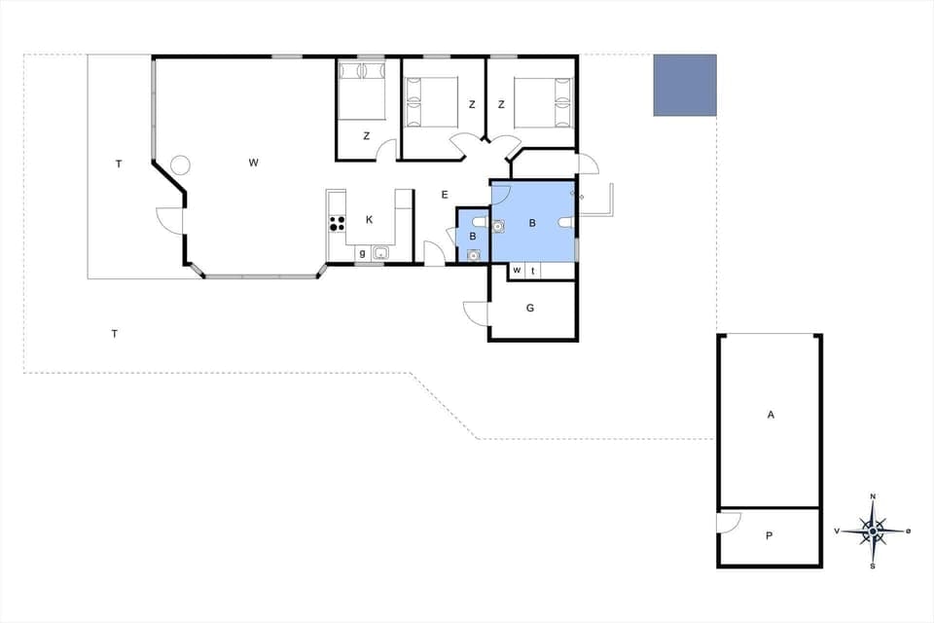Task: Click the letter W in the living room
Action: (x=253, y=163)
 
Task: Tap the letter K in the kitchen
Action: (x=370, y=220)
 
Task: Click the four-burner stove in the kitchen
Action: (x=338, y=222)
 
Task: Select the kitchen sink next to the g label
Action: (x=380, y=254)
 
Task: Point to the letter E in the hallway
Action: (x=445, y=195)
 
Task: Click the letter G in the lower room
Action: (x=530, y=309)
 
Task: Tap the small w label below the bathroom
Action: (x=517, y=270)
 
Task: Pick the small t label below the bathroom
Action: (x=533, y=270)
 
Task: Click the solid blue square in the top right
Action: (x=684, y=85)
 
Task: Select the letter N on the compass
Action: (x=873, y=496)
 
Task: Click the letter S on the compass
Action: (x=873, y=567)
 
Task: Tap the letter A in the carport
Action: (x=771, y=415)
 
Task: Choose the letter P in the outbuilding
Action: (x=769, y=535)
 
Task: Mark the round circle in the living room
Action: (x=180, y=165)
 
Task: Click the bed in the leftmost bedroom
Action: (x=360, y=91)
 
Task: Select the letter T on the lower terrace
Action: (x=115, y=334)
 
